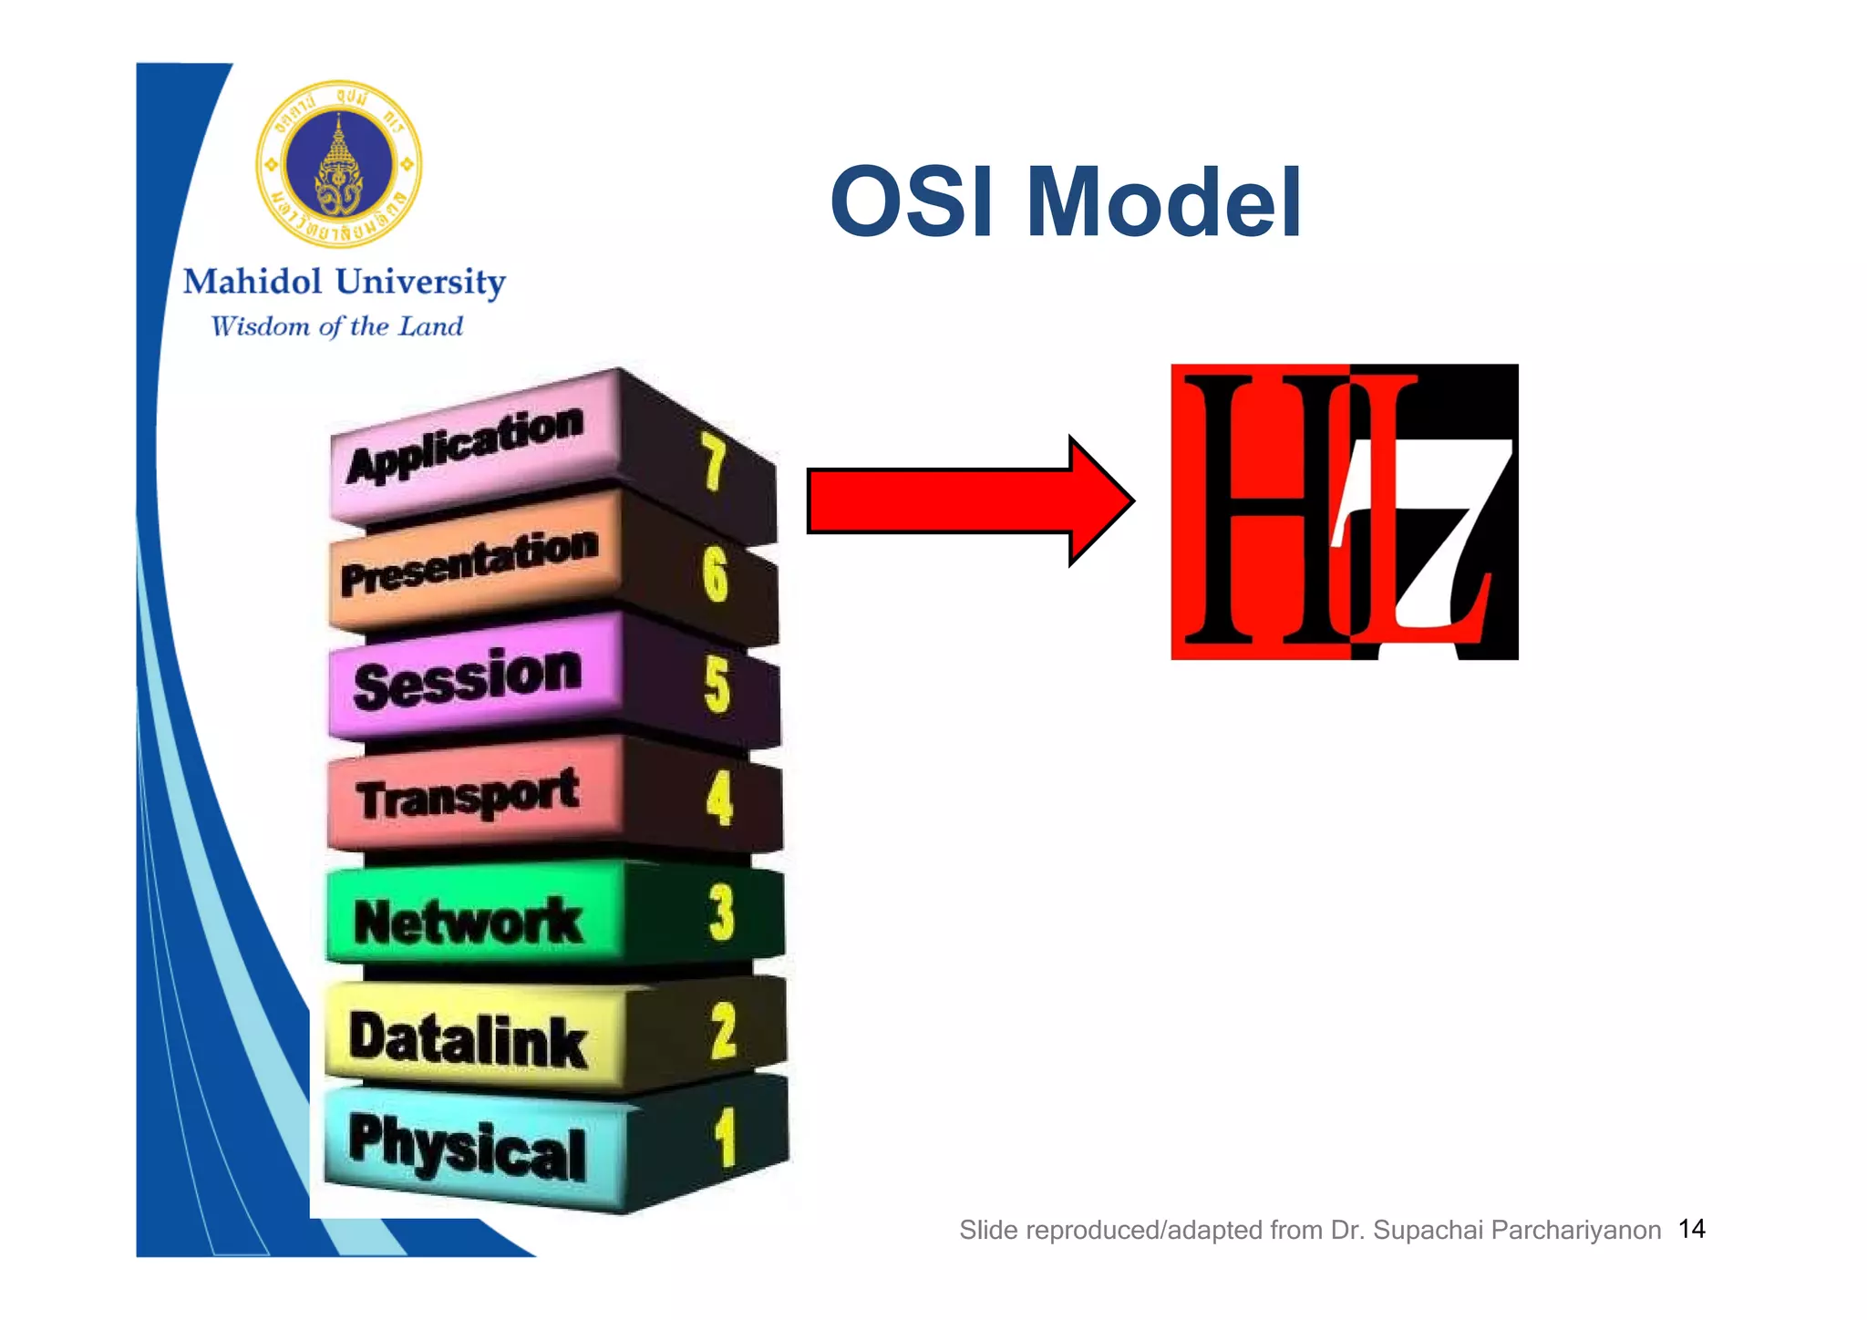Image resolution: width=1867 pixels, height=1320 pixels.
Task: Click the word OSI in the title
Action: [x=912, y=202]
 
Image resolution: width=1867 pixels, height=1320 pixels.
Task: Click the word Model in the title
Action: [x=1164, y=202]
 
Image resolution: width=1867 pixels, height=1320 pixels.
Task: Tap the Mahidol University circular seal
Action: [x=339, y=164]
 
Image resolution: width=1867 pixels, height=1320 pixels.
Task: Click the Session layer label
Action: [x=468, y=678]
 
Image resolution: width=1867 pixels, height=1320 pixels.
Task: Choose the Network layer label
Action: [x=468, y=921]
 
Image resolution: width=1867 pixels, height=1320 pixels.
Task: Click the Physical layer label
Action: [x=468, y=1147]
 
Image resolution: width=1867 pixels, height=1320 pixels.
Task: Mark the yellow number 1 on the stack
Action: [x=725, y=1138]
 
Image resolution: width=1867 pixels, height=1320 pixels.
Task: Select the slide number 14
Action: [x=1692, y=1229]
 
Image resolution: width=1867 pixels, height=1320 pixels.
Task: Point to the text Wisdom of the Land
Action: [x=337, y=326]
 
